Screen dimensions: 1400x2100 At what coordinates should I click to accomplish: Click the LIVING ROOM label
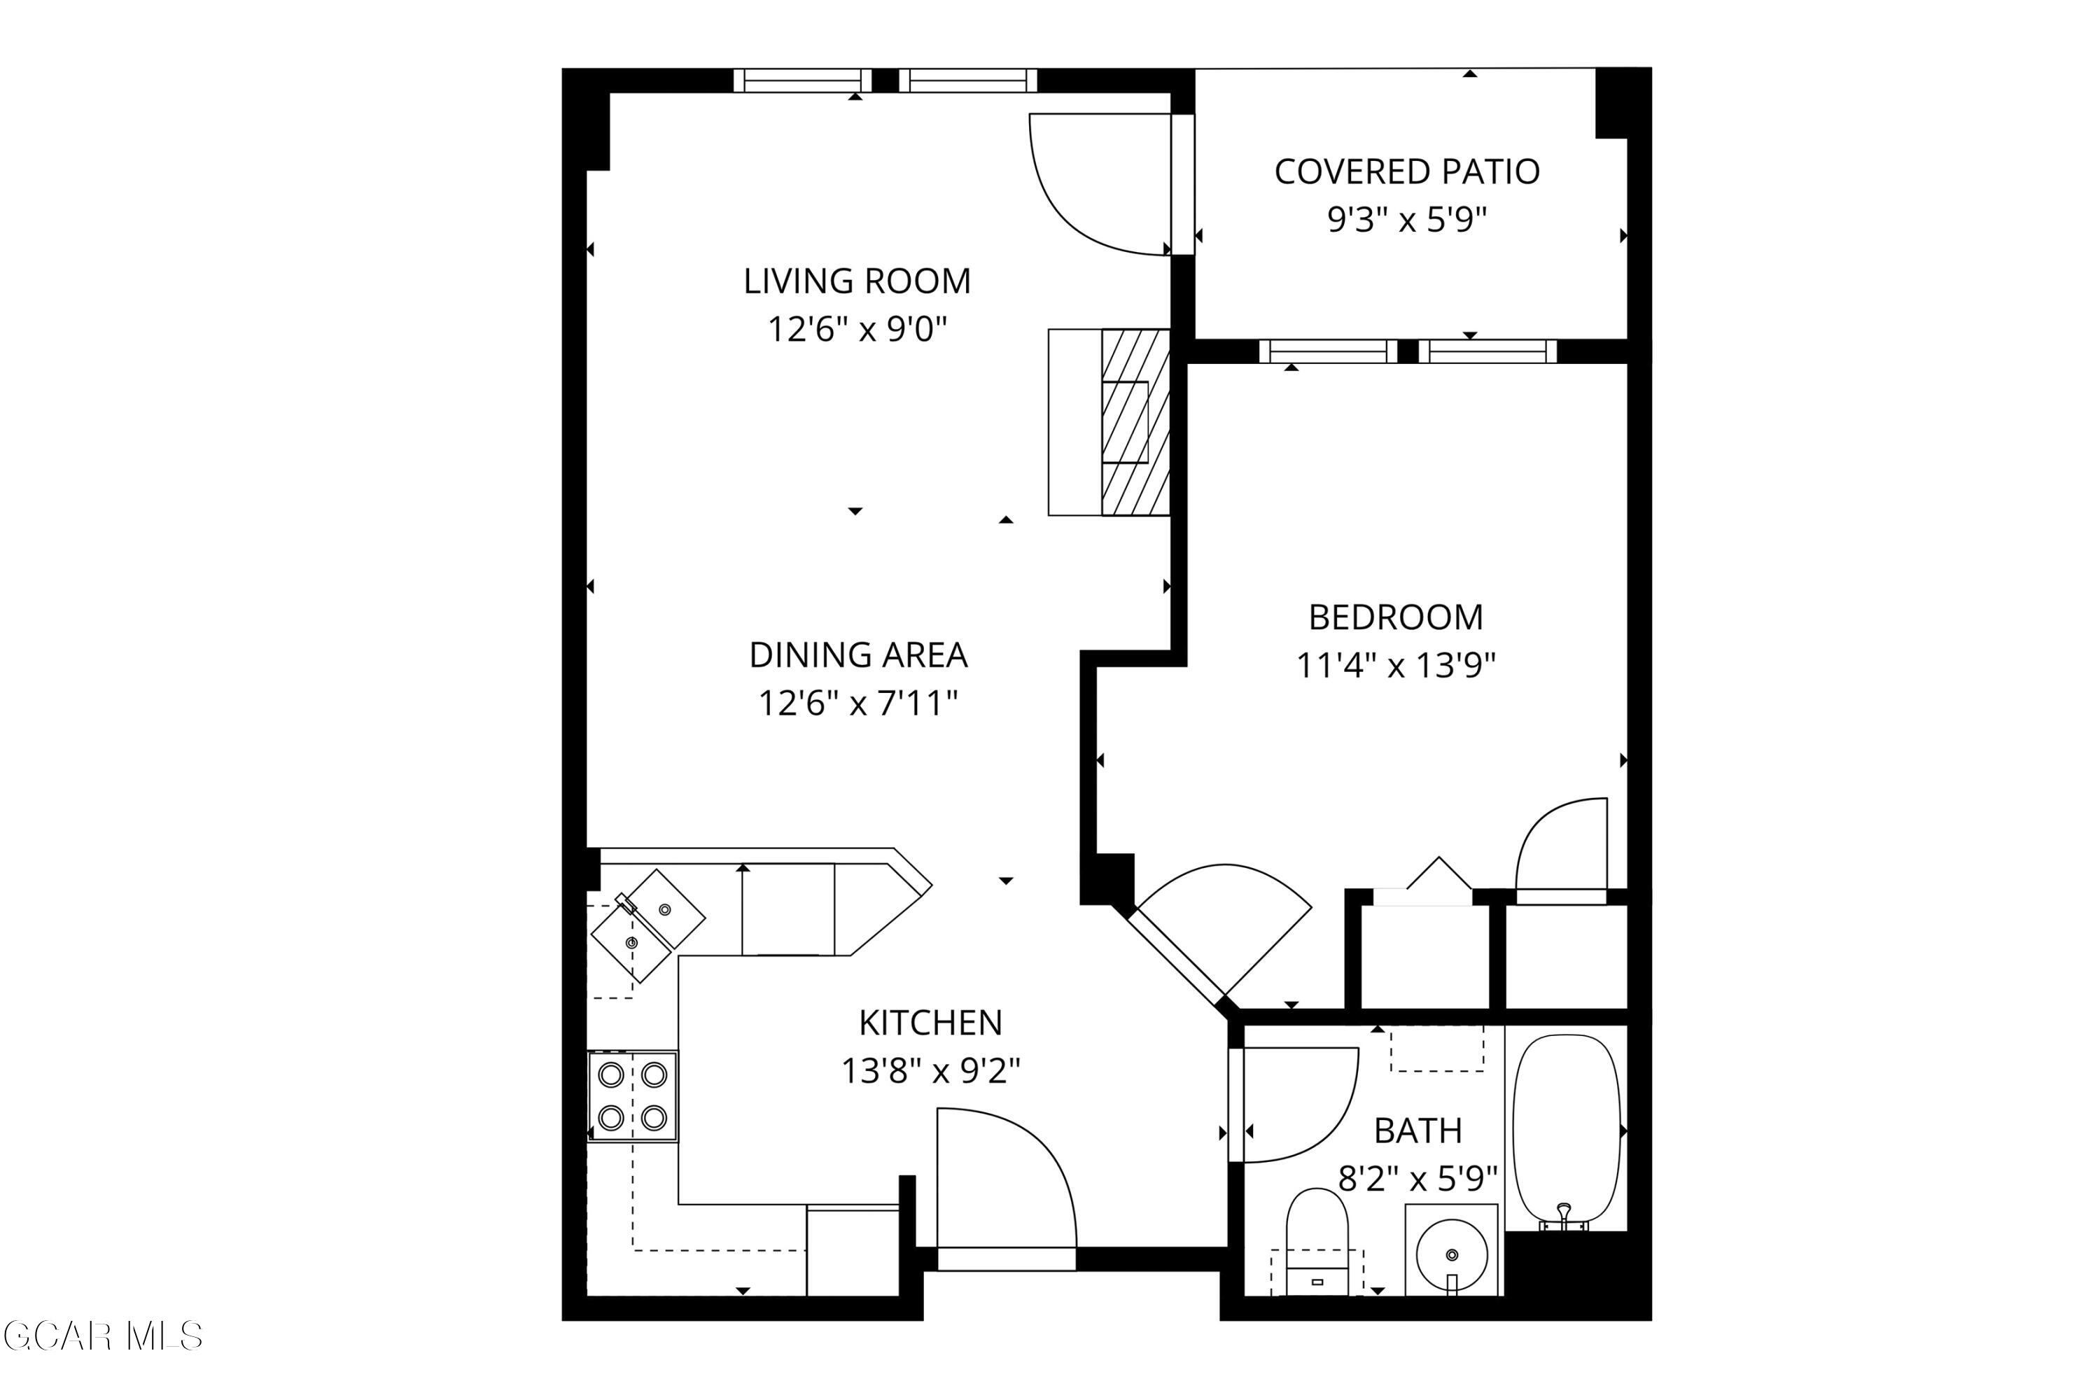coord(856,281)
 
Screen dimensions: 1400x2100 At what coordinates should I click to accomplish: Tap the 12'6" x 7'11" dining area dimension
coord(857,703)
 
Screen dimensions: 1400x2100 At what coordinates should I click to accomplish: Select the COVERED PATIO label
coord(1406,171)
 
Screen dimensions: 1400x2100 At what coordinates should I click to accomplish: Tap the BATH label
coord(1418,1131)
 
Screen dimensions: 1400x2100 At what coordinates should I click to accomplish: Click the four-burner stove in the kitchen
coord(632,1096)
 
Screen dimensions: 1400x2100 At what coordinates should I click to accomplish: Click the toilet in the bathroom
coord(1317,1241)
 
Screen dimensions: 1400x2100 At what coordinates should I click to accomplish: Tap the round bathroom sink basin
coord(1452,1254)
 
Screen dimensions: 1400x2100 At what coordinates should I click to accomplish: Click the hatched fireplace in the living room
coord(1135,422)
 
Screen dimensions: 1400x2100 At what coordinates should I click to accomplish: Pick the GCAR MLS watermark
coord(103,1336)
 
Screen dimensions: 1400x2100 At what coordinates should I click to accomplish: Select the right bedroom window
coord(1487,351)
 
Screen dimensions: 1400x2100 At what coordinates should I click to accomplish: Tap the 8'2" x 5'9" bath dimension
coord(1418,1179)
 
